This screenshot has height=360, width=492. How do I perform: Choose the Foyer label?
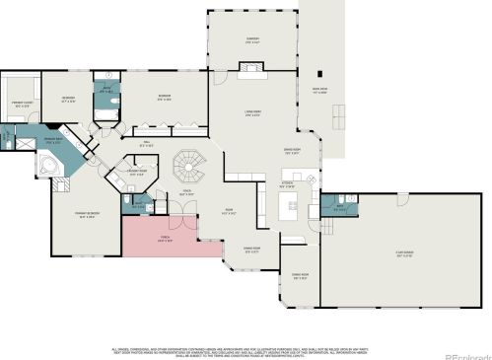pyautogui.click(x=184, y=192)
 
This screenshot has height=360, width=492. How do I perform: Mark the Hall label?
pyautogui.click(x=145, y=145)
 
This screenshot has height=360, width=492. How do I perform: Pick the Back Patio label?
pyautogui.click(x=318, y=92)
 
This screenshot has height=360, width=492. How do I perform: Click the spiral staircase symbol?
pyautogui.click(x=186, y=164)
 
